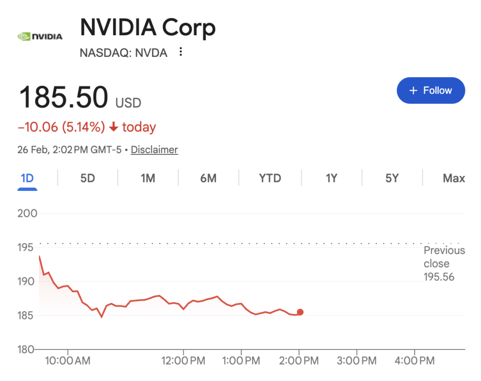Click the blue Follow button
point(431,90)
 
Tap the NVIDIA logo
point(39,36)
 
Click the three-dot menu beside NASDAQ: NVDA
point(181,52)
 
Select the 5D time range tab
point(87,178)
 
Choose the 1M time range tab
point(148,178)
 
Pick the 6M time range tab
point(208,178)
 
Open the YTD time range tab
point(270,178)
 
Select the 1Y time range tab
point(331,178)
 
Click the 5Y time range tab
point(392,178)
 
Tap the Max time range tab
point(454,178)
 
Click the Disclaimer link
point(154,150)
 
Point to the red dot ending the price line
point(300,312)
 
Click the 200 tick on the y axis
point(28,214)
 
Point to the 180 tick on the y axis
point(28,349)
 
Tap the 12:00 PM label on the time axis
point(183,361)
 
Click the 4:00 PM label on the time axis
point(414,361)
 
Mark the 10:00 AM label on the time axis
point(68,361)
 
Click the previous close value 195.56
point(439,277)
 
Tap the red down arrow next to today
point(113,127)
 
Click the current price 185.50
point(63,97)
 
